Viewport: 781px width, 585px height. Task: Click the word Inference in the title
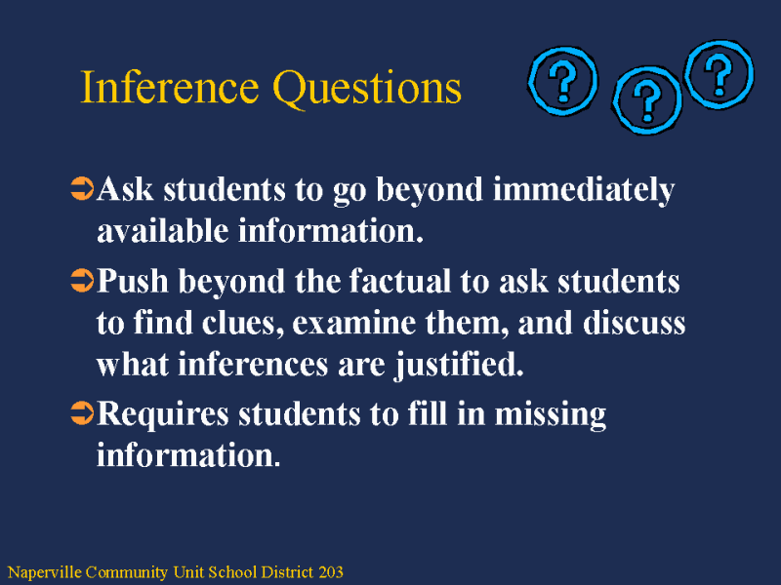tap(169, 87)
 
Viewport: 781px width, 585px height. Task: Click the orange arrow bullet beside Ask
tap(82, 189)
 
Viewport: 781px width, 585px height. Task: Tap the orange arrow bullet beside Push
tap(82, 281)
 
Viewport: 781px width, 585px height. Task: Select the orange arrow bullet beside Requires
tap(82, 413)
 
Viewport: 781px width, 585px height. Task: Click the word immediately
tap(584, 191)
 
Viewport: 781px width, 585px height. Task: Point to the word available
tap(162, 231)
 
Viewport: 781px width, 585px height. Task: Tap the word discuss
tap(634, 324)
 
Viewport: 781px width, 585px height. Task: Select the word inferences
tap(253, 365)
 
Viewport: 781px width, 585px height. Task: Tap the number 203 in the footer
tap(331, 572)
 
